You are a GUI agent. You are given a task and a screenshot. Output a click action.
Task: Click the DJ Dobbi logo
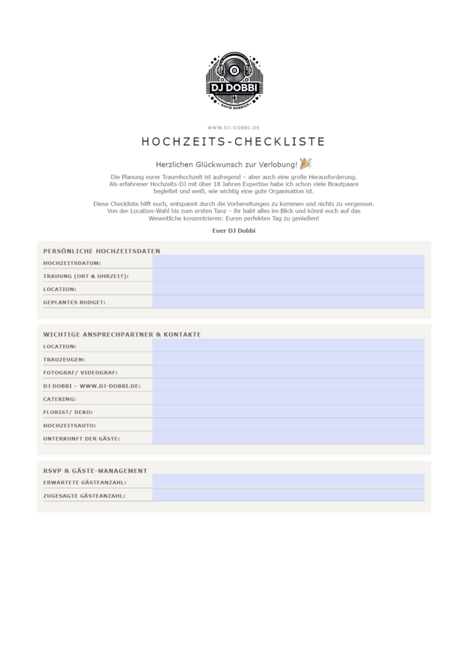(234, 81)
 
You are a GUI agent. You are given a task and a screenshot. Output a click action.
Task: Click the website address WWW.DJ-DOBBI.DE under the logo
(234, 128)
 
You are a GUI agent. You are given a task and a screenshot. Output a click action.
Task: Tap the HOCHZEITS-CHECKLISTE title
(233, 142)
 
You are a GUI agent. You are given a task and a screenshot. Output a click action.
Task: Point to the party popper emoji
(306, 163)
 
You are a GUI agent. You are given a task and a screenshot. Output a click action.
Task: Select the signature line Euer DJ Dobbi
(234, 230)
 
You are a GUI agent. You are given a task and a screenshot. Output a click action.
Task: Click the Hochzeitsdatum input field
(288, 262)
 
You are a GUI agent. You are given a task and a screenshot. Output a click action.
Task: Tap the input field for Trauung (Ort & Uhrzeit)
(288, 275)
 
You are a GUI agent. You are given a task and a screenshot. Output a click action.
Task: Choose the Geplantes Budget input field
(288, 302)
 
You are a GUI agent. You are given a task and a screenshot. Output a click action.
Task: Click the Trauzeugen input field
(288, 359)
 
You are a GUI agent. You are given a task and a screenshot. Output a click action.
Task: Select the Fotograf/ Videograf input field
(288, 372)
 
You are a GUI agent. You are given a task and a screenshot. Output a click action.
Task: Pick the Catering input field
(288, 399)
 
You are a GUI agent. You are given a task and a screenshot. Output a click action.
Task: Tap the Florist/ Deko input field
(288, 412)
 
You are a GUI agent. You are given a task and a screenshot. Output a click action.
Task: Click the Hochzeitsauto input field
(288, 425)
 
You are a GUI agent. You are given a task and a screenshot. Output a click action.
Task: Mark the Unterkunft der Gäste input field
(288, 438)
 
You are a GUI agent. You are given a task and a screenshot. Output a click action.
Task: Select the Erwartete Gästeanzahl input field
(288, 482)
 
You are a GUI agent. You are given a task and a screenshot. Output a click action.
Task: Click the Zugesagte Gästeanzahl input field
(288, 495)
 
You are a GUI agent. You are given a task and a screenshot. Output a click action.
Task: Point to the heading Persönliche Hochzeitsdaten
(102, 251)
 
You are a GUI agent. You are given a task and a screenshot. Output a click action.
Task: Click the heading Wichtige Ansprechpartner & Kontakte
(122, 334)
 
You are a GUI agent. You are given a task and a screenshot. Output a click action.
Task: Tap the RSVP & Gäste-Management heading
(95, 470)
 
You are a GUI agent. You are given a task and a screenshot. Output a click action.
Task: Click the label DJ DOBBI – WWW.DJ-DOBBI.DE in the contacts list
(92, 386)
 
